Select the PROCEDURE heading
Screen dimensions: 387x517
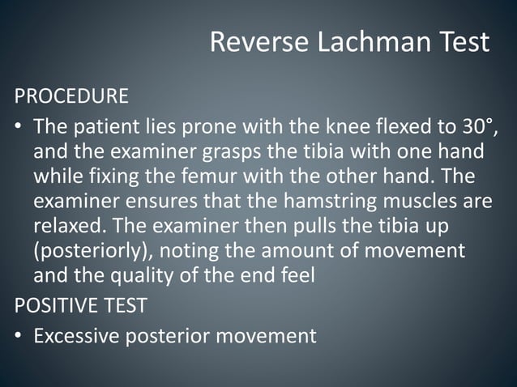[71, 96]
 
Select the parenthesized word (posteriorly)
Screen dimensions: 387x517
[88, 250]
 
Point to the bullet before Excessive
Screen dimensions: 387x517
[19, 336]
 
